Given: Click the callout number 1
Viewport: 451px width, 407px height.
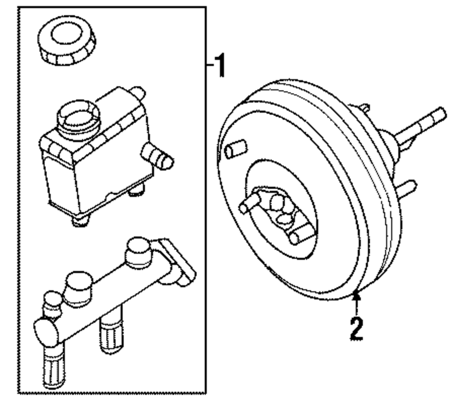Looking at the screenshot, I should tap(219, 66).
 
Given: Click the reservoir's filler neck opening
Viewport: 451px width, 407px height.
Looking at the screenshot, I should tap(77, 115).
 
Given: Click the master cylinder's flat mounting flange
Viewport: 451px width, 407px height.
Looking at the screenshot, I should tap(180, 262).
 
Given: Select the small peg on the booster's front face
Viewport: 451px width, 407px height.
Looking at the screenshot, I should tap(236, 150).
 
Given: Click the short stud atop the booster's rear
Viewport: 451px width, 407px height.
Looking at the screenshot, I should tap(364, 109).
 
